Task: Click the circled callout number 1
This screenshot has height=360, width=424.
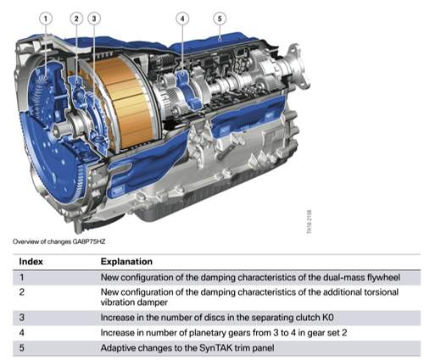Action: pos(46,19)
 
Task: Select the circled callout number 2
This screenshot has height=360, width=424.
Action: pos(76,19)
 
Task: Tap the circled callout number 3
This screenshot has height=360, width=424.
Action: pos(94,19)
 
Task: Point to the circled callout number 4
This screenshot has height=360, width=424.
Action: pos(182,19)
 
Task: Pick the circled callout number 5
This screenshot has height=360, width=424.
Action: pos(220,19)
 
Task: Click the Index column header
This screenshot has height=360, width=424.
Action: pos(31,262)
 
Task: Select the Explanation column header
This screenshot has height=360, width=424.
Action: pos(126,262)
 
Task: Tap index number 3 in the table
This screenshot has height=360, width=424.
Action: pos(22,318)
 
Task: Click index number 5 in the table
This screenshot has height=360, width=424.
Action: pos(22,347)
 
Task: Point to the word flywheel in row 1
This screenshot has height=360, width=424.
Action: pos(383,278)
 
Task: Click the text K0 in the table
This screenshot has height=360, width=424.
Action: pos(328,318)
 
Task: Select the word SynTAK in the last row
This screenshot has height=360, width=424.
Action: pos(217,348)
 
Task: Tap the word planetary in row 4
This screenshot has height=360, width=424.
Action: pos(205,333)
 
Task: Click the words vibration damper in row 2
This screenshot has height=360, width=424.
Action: pos(134,302)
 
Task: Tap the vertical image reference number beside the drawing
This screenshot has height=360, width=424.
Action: pos(310,222)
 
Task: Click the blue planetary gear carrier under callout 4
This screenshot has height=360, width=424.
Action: pos(187,91)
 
